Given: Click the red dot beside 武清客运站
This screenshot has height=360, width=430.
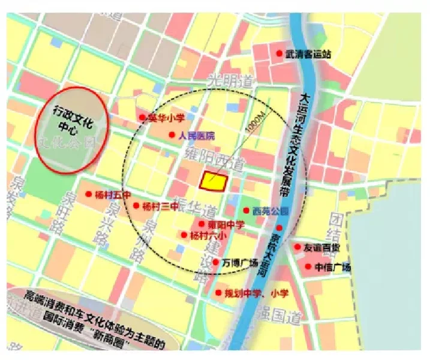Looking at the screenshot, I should pyautogui.click(x=279, y=53).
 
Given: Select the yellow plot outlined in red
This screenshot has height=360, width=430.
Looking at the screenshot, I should pyautogui.click(x=214, y=181).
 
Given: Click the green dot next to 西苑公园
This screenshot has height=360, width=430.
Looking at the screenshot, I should pyautogui.click(x=246, y=211).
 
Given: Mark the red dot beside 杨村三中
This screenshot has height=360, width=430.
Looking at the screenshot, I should pyautogui.click(x=137, y=206).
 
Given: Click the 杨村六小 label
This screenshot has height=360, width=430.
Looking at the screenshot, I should pyautogui.click(x=208, y=235).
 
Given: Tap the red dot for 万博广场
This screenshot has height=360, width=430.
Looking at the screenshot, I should pyautogui.click(x=215, y=262).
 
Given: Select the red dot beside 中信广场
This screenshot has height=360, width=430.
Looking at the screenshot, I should pyautogui.click(x=308, y=267).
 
